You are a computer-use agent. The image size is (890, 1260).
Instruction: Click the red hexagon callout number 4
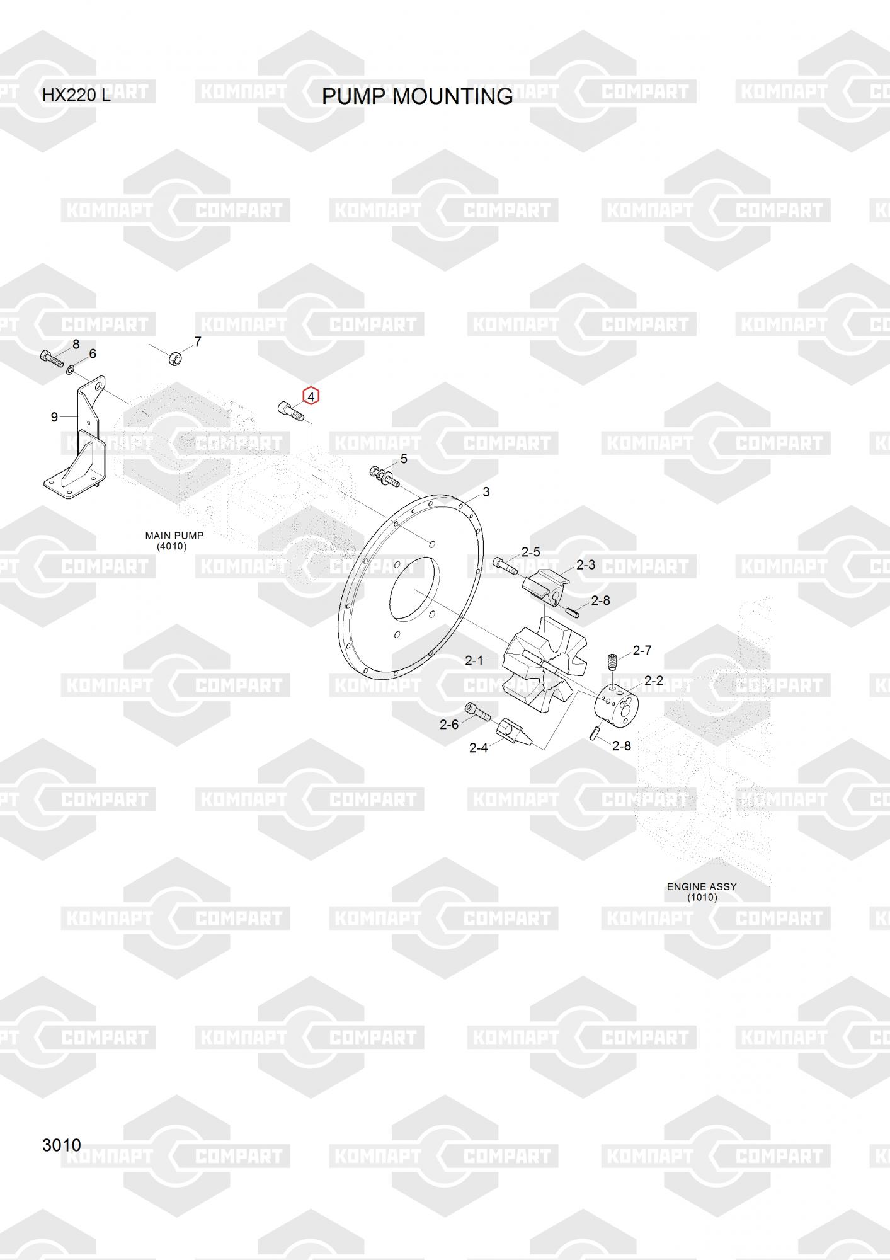tap(311, 397)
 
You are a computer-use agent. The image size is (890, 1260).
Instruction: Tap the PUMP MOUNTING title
tap(417, 96)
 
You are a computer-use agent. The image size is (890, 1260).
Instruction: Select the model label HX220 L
tap(76, 96)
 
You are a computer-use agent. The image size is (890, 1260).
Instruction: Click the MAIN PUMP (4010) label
tap(174, 541)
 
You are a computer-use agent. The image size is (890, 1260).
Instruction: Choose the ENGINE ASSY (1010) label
tap(702, 891)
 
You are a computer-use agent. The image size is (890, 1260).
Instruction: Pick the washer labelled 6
tap(70, 368)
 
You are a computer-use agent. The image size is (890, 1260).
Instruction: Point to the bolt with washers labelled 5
tap(385, 476)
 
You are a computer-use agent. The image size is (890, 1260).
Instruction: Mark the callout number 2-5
tap(530, 552)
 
